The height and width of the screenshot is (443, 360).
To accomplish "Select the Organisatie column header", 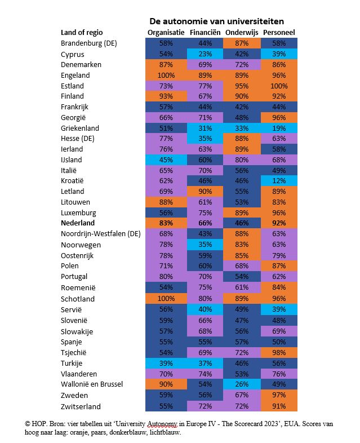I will pos(166,32).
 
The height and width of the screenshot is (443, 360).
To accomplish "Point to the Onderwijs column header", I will pos(242,32).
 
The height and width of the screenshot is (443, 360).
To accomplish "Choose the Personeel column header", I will pos(279,32).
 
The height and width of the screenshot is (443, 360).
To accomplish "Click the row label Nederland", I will pos(81,223).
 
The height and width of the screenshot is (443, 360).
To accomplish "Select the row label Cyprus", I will pos(73,54).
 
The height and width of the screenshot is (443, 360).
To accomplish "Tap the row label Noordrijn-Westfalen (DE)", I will pos(100,234).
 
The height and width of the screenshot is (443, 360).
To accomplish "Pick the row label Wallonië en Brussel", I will pos(92,384).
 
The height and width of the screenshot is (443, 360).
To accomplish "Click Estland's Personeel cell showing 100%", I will pos(279,86).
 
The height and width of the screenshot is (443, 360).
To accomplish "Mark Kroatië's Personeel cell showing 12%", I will pos(279,181).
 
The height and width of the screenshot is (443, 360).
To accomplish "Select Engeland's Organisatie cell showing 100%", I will pos(166,75).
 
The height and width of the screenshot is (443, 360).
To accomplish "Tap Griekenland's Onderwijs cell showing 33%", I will pos(242,128).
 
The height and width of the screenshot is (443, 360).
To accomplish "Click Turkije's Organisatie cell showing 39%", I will pos(166,363).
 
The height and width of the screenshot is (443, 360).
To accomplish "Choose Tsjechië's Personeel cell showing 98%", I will pos(279,352).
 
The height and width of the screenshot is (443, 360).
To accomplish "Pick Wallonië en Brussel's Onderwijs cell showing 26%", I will pos(242,384).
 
